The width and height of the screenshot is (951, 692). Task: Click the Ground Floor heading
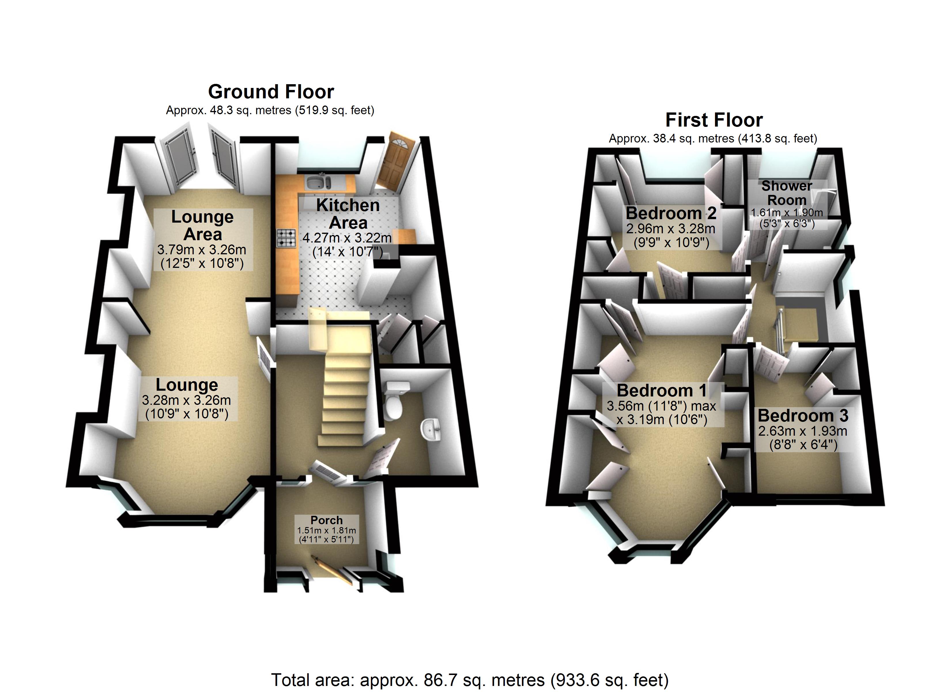point(271,91)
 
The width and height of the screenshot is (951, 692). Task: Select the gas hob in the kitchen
point(286,237)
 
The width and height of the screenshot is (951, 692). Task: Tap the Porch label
point(326,520)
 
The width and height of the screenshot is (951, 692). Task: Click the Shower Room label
point(787,193)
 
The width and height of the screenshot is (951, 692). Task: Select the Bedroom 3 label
point(803,415)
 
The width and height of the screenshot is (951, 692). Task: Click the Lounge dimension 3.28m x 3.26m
point(186,400)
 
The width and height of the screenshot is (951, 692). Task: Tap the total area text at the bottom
point(470,679)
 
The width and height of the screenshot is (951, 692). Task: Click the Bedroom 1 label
point(661,390)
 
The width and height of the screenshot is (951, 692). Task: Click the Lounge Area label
point(203,225)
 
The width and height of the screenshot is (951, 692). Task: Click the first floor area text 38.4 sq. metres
point(713,138)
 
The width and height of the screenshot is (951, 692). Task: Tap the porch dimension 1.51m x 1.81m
point(326,531)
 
